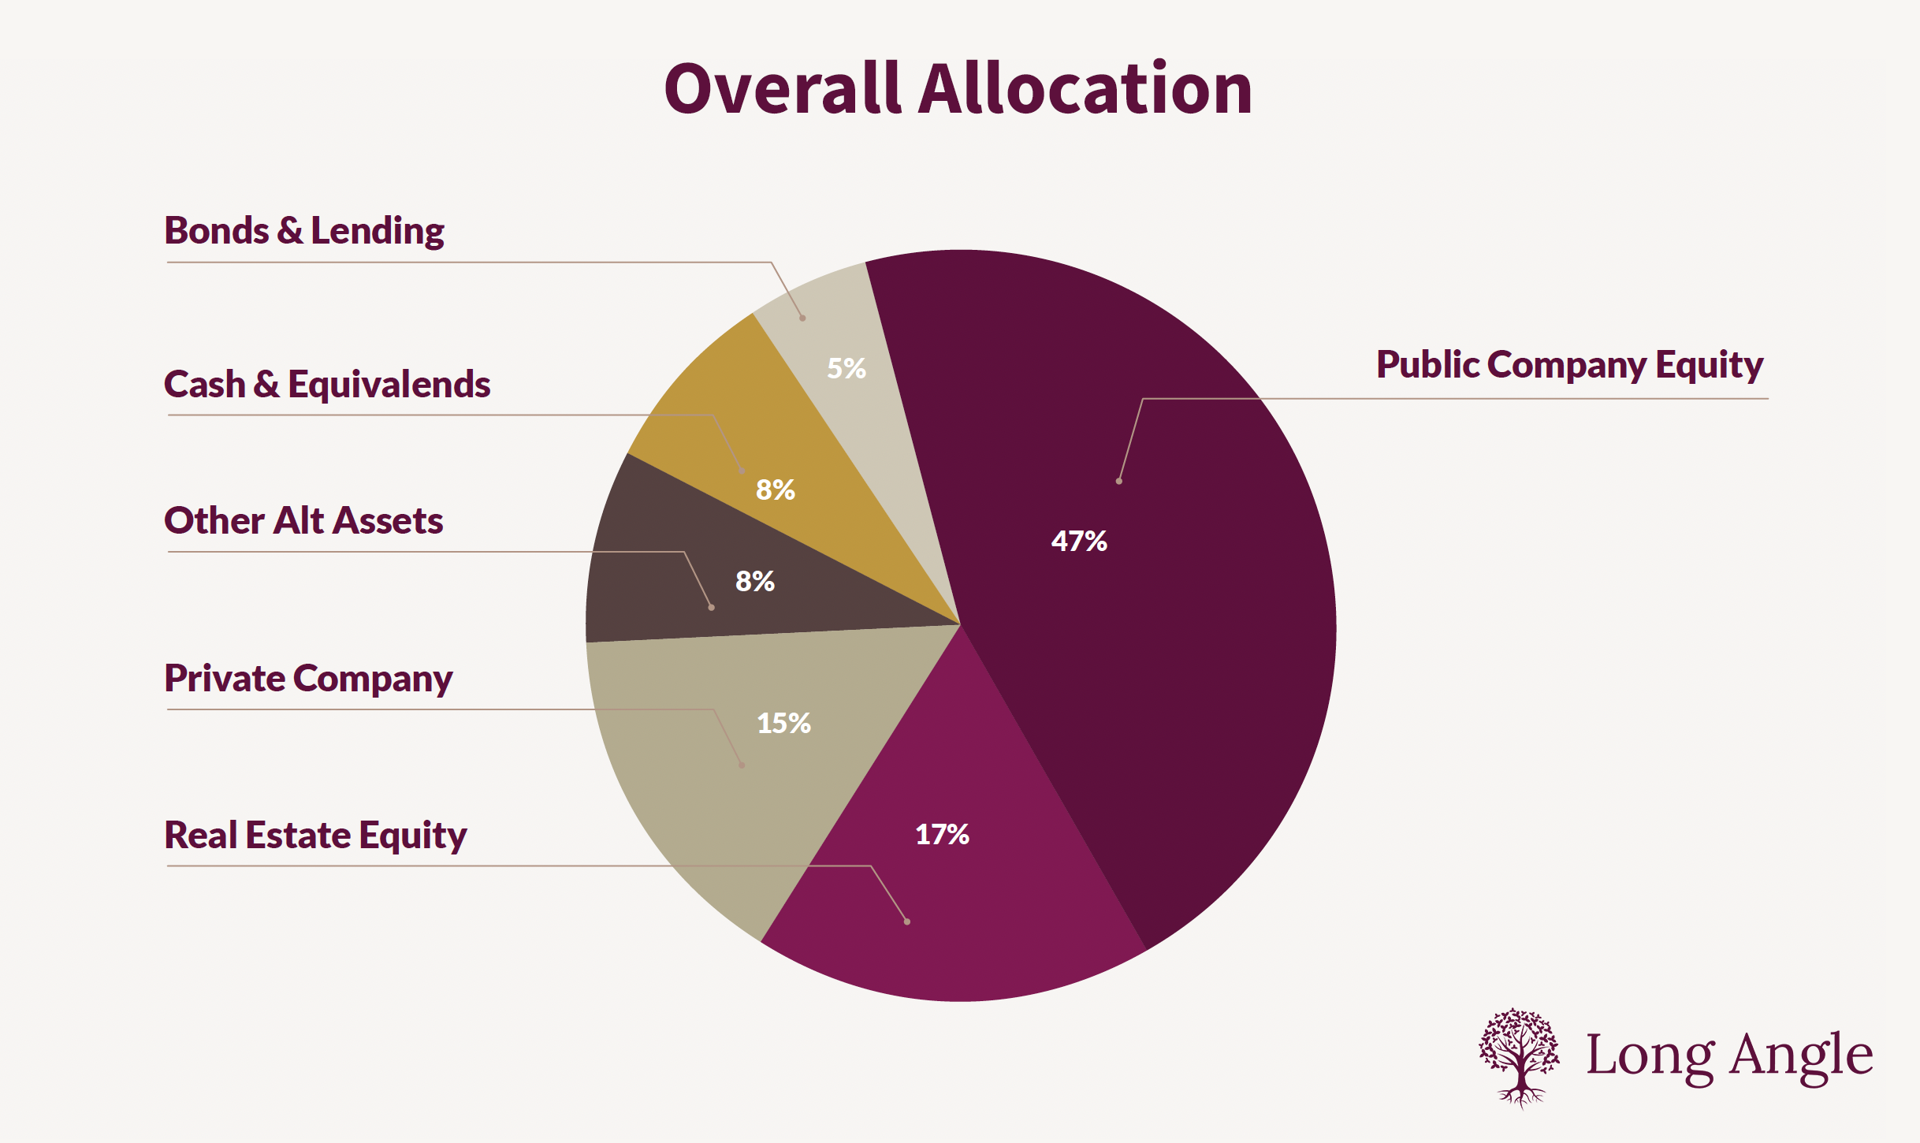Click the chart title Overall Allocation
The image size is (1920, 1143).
pyautogui.click(x=958, y=89)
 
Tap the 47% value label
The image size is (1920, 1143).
pyautogui.click(x=1079, y=541)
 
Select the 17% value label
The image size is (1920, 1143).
pyautogui.click(x=942, y=834)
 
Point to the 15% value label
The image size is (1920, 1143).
pyautogui.click(x=783, y=723)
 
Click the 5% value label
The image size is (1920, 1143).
pyautogui.click(x=846, y=368)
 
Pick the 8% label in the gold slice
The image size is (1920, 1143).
pyautogui.click(x=775, y=490)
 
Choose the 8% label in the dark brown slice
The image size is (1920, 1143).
pyautogui.click(x=754, y=582)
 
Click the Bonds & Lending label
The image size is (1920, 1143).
pyautogui.click(x=304, y=231)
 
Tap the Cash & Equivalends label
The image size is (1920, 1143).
pyautogui.click(x=327, y=385)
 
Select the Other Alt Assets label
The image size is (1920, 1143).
pyautogui.click(x=303, y=521)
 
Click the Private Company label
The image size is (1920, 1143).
pyautogui.click(x=308, y=679)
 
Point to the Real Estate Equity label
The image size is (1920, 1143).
pyautogui.click(x=315, y=836)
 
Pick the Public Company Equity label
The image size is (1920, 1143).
pyautogui.click(x=1569, y=365)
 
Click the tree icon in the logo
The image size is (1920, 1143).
pyautogui.click(x=1519, y=1057)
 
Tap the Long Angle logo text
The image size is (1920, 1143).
pyautogui.click(x=1729, y=1056)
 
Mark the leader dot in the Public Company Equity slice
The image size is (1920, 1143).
pyautogui.click(x=1119, y=481)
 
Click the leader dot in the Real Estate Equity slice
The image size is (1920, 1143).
pyautogui.click(x=907, y=921)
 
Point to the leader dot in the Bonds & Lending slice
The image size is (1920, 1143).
pyautogui.click(x=802, y=318)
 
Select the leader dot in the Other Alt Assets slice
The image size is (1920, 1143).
pyautogui.click(x=711, y=608)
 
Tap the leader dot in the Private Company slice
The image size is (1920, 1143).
pyautogui.click(x=742, y=765)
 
